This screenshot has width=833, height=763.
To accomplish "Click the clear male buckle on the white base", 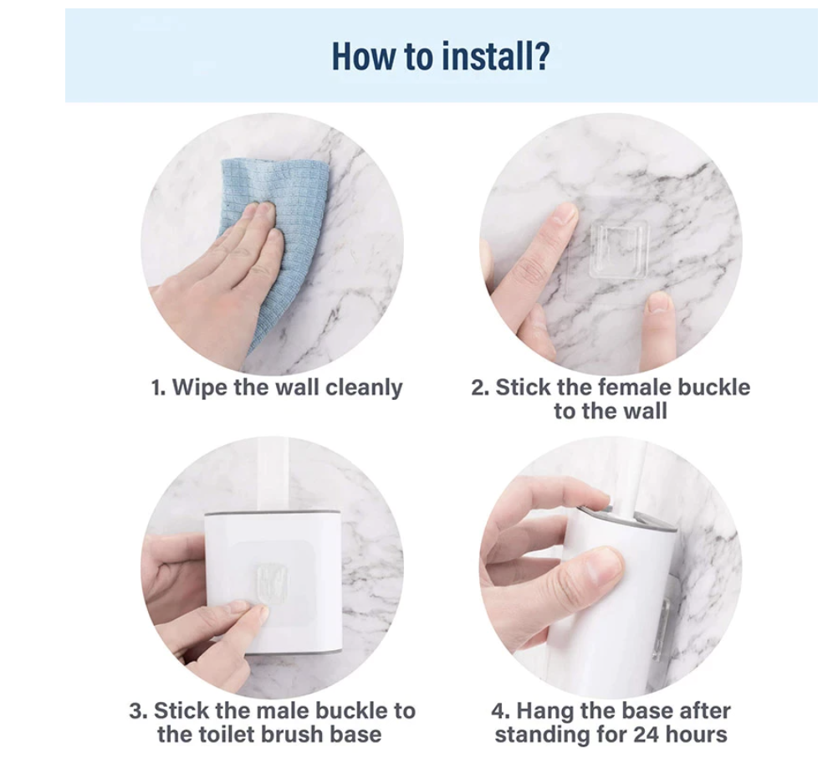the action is pyautogui.click(x=272, y=584).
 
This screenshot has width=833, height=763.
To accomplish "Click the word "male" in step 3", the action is pyautogui.click(x=289, y=710).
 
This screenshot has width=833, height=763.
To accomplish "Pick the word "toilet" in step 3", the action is pyautogui.click(x=228, y=735).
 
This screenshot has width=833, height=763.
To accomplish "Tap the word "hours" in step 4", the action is pyautogui.click(x=697, y=735).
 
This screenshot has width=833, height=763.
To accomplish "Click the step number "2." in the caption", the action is pyautogui.click(x=480, y=388).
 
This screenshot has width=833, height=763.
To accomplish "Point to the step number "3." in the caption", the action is pyautogui.click(x=138, y=711).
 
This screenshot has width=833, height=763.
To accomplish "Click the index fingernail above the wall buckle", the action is pyautogui.click(x=565, y=215).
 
